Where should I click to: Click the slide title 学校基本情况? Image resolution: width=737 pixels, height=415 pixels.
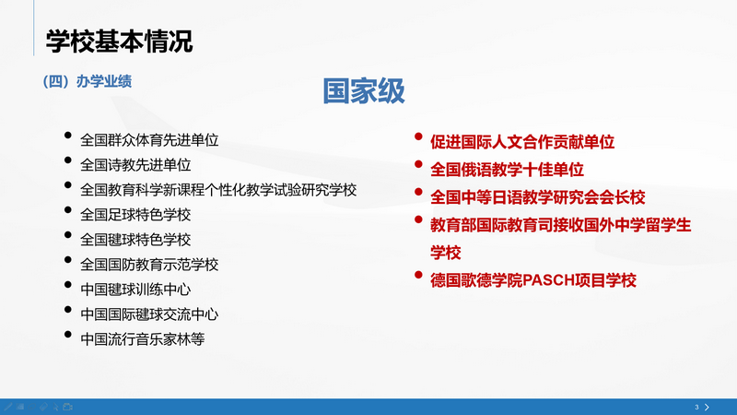(x=120, y=41)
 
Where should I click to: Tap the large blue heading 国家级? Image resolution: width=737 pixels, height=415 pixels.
(x=364, y=90)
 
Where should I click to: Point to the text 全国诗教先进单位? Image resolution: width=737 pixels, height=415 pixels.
(x=135, y=166)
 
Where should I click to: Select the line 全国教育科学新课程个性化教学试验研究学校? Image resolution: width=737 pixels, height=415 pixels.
(x=218, y=190)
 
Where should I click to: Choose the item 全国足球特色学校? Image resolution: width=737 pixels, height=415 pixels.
(x=135, y=215)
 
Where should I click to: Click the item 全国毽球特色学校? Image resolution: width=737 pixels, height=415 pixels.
(x=135, y=240)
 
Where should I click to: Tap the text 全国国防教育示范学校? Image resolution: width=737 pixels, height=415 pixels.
(x=149, y=265)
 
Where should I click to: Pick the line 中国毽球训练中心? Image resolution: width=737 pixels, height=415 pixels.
(x=135, y=290)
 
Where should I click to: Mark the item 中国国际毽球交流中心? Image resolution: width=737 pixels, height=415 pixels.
(x=149, y=314)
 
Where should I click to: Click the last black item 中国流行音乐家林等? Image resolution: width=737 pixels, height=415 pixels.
(x=142, y=338)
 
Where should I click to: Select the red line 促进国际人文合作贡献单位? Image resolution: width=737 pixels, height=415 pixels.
(x=522, y=143)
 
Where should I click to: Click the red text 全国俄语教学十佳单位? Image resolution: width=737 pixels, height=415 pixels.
(x=508, y=170)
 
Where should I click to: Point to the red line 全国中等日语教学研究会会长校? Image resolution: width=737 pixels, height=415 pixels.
(x=537, y=197)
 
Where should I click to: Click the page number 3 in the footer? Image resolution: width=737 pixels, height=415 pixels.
(x=696, y=406)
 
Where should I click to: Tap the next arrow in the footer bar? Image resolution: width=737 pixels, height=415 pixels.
(x=708, y=406)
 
